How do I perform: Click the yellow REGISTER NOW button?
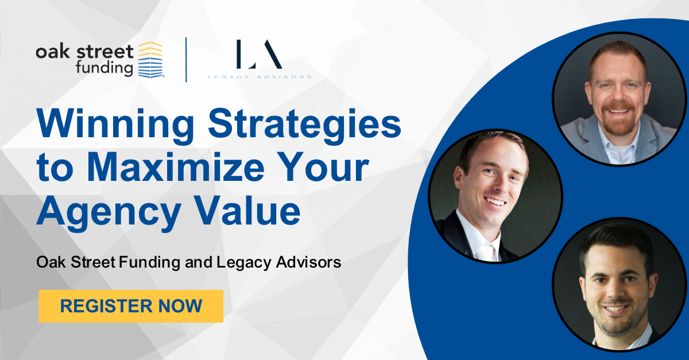(x=131, y=306)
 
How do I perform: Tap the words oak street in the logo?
(x=84, y=52)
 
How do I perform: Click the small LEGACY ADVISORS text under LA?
(x=260, y=76)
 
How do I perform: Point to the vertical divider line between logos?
(x=186, y=59)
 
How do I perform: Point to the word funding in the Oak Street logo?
(x=104, y=68)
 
